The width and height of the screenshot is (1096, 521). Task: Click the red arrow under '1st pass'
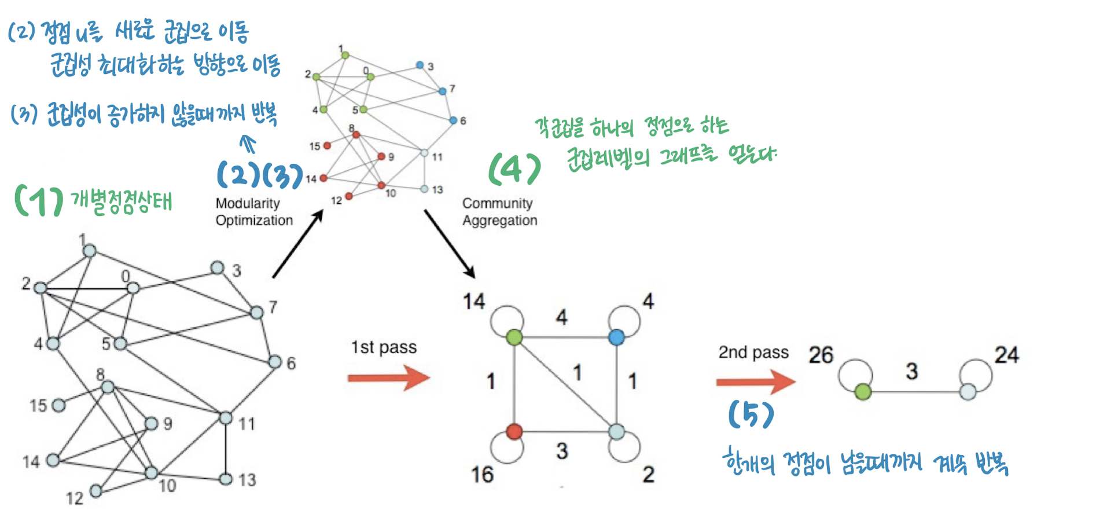[x=389, y=378]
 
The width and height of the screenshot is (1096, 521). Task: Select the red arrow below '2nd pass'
[x=755, y=382]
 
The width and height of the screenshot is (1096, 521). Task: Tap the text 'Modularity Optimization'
[x=254, y=212]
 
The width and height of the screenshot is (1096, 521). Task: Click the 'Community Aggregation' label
[x=499, y=212]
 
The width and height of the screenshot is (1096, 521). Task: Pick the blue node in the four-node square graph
[x=617, y=337]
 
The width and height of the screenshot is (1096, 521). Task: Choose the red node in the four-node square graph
[x=514, y=431]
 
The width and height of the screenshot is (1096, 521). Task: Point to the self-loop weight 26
[x=821, y=355]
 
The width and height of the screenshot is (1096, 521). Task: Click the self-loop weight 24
[x=1006, y=355]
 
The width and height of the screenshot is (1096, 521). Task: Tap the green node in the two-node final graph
[x=863, y=392]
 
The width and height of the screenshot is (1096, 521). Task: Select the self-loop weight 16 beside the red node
[x=482, y=475]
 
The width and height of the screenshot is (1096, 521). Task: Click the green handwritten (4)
[x=514, y=170]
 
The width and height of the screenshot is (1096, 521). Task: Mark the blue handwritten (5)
[x=751, y=414]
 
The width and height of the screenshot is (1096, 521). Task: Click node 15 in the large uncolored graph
[x=58, y=405]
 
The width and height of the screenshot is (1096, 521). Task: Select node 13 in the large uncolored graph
[x=226, y=479]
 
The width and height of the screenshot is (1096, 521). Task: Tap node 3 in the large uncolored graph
[x=217, y=267]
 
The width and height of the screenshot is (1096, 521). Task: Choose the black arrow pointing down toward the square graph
[x=450, y=243]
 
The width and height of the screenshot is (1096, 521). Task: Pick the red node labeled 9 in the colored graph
[x=381, y=156]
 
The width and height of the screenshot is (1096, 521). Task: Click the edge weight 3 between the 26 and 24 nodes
[x=911, y=371]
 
